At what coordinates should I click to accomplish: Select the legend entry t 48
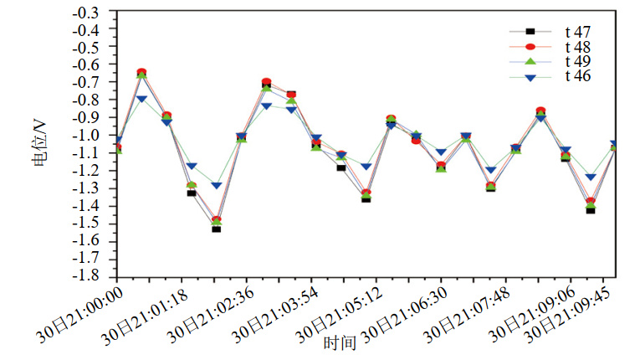point(577,47)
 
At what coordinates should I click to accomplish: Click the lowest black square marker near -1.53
point(216,228)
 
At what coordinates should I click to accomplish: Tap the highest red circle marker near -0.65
point(141,73)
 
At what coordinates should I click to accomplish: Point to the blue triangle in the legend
point(530,77)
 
